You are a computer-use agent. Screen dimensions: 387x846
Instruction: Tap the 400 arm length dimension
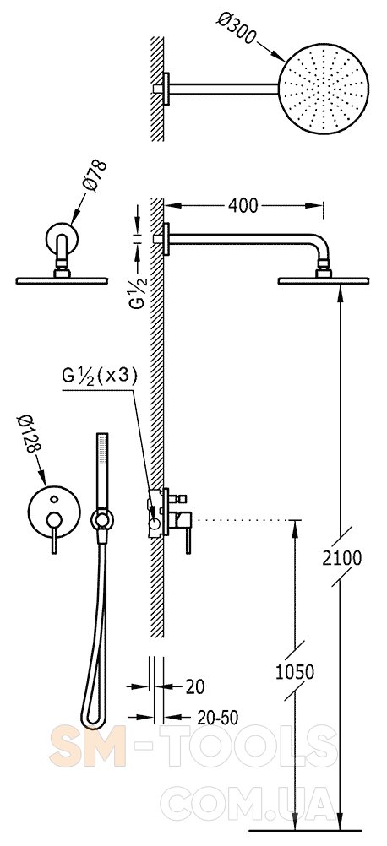(243, 205)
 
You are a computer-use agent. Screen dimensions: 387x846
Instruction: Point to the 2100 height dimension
(341, 557)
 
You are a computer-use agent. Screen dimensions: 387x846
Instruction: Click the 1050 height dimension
(295, 672)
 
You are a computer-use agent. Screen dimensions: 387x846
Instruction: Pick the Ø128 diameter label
(29, 434)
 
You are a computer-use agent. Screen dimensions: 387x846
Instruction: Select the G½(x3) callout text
(100, 376)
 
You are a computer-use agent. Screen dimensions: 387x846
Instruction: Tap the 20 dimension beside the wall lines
(195, 686)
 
